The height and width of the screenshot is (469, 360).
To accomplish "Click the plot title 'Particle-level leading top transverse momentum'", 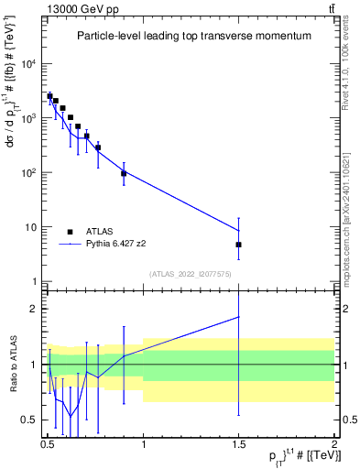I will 193,36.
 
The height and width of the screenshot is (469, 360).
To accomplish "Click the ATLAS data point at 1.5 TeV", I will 238,245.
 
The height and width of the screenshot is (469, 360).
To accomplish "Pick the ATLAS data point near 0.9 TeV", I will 124,173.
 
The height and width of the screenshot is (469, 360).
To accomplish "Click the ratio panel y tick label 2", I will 36,309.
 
